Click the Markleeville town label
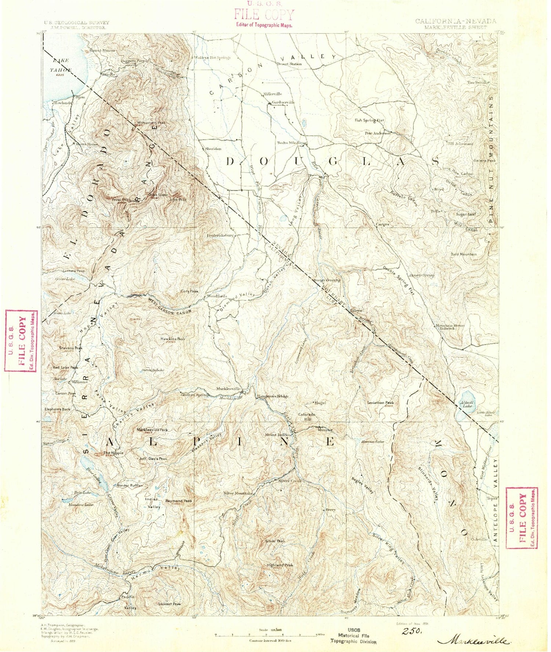(228, 389)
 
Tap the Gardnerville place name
(283, 102)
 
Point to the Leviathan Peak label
(381, 403)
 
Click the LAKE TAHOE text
(61, 65)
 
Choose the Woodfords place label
(217, 296)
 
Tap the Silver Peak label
(275, 541)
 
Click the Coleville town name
(479, 539)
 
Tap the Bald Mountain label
(464, 254)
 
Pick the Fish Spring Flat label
(369, 120)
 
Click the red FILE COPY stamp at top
(264, 15)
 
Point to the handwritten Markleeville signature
(473, 641)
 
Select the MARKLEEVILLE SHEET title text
(455, 27)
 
